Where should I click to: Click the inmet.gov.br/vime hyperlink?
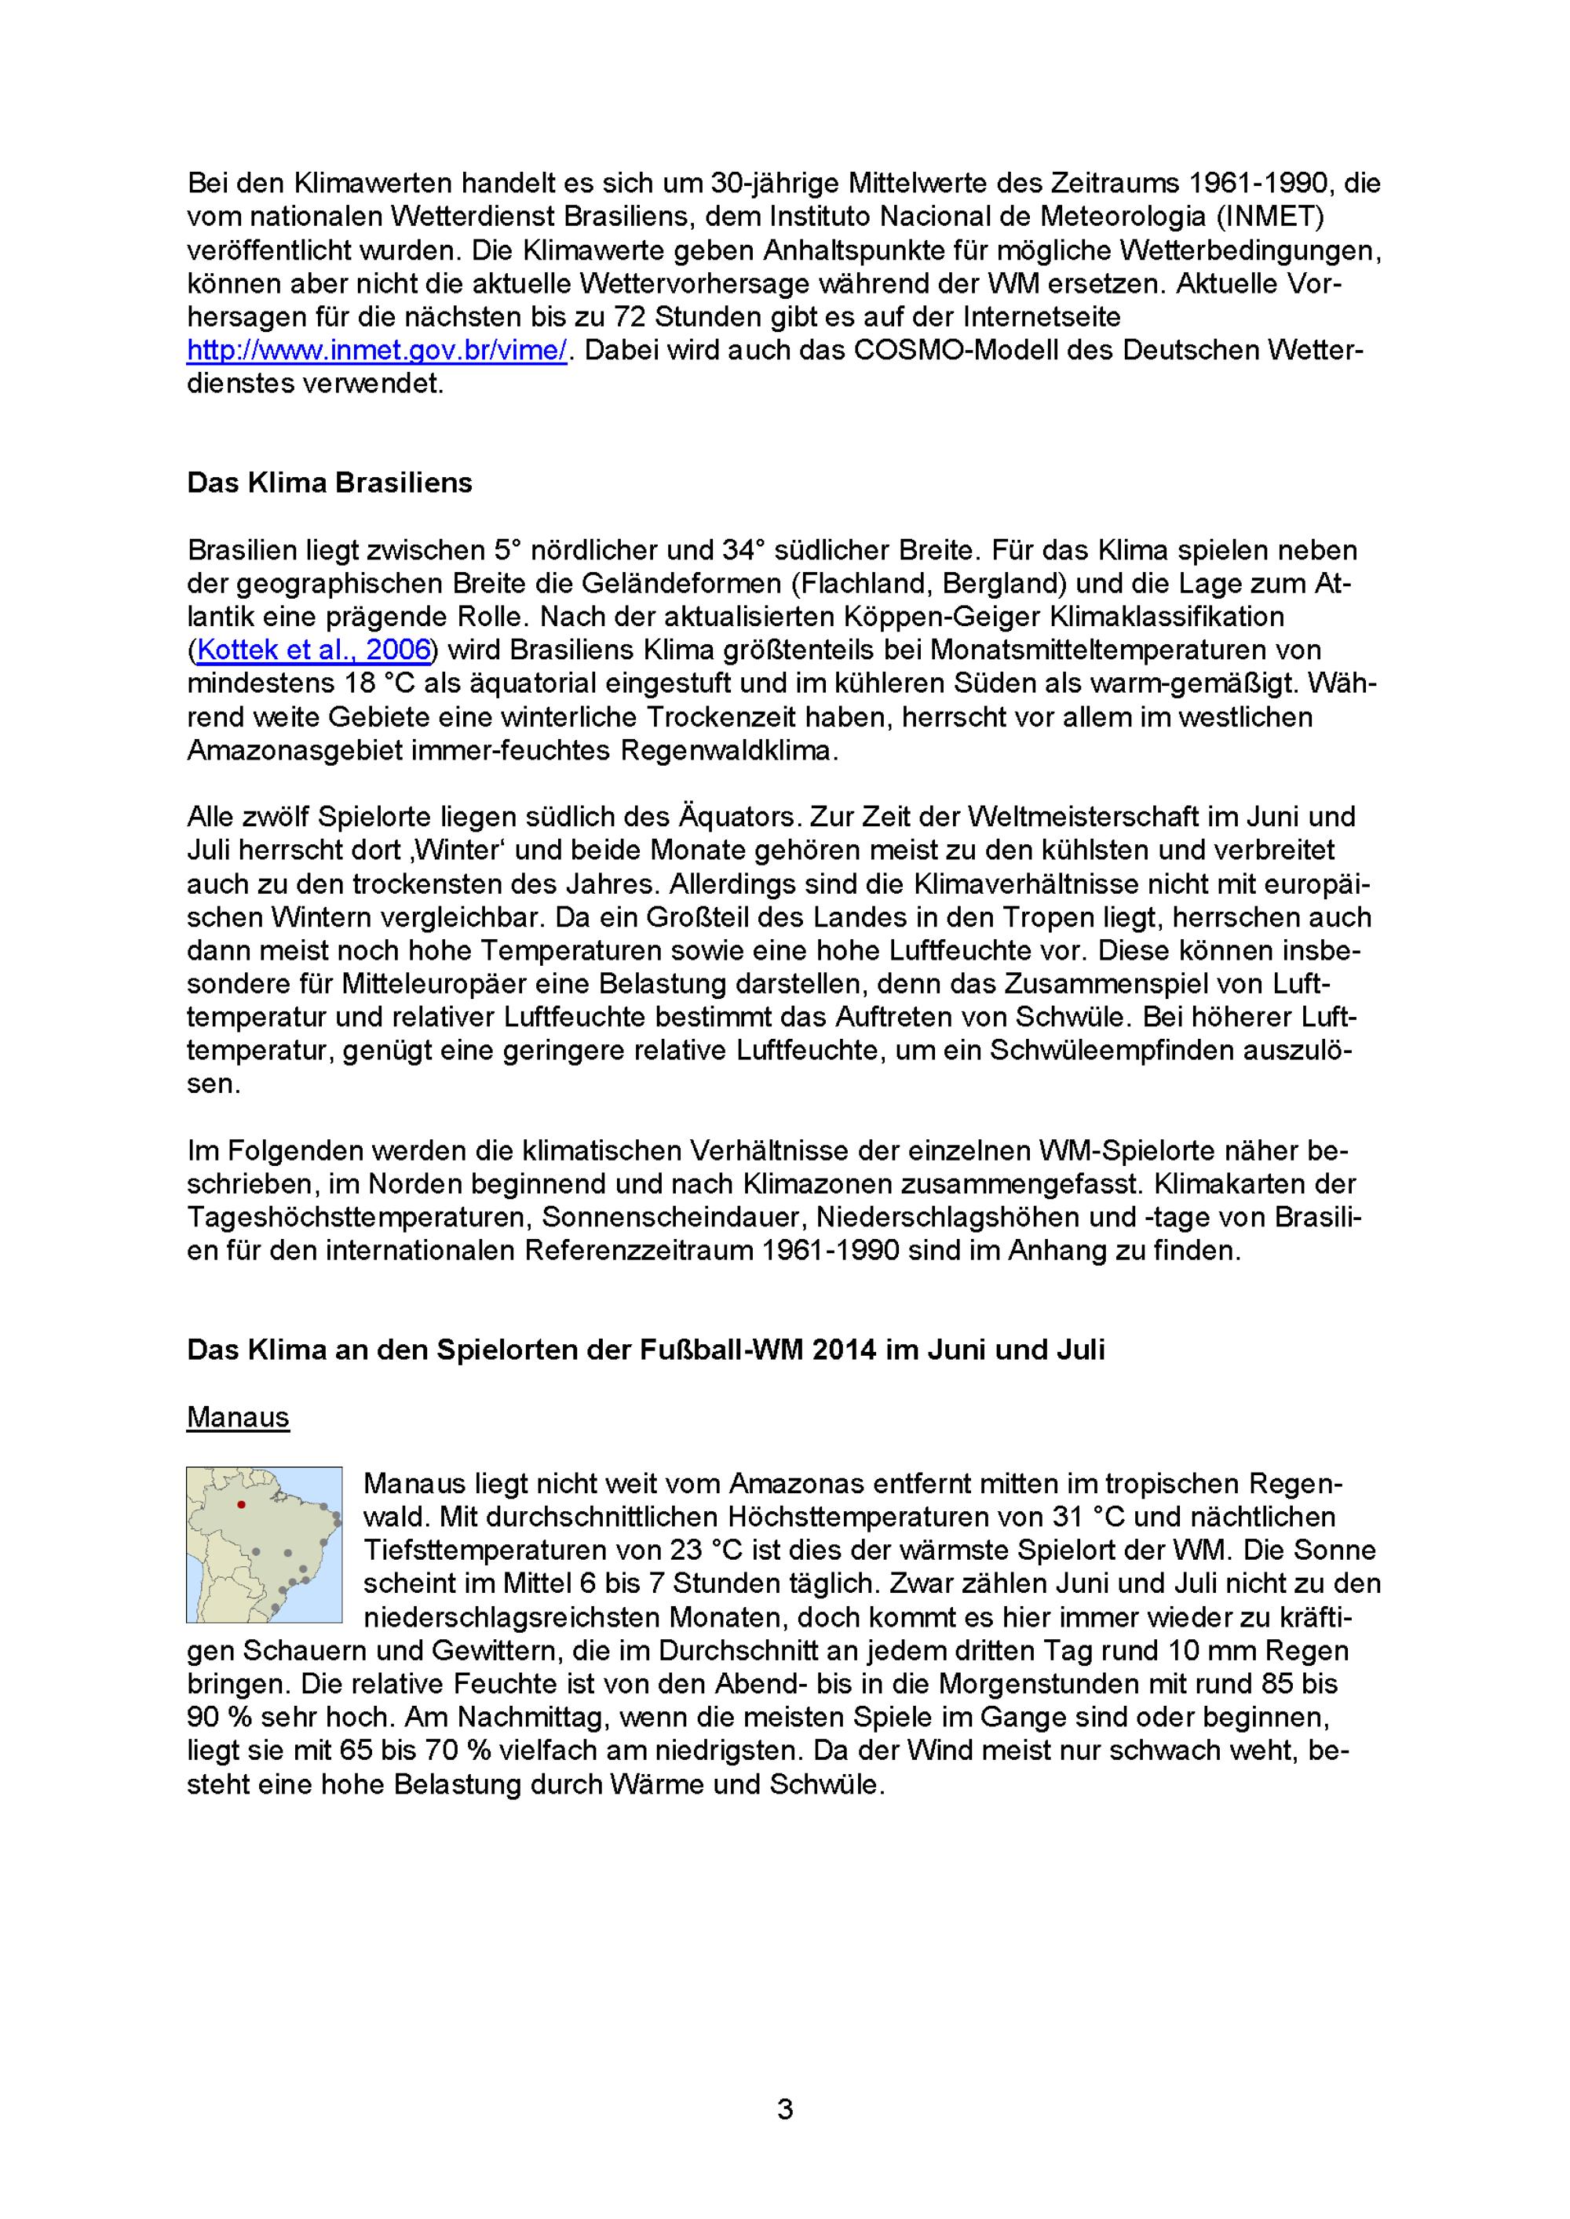pos(377,350)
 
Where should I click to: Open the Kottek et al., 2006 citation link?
pos(313,650)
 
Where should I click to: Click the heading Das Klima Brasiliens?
pos(330,483)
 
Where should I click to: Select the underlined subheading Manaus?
pos(238,1417)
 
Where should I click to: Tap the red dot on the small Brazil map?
pos(242,1505)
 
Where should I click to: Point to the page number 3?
pos(785,2108)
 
